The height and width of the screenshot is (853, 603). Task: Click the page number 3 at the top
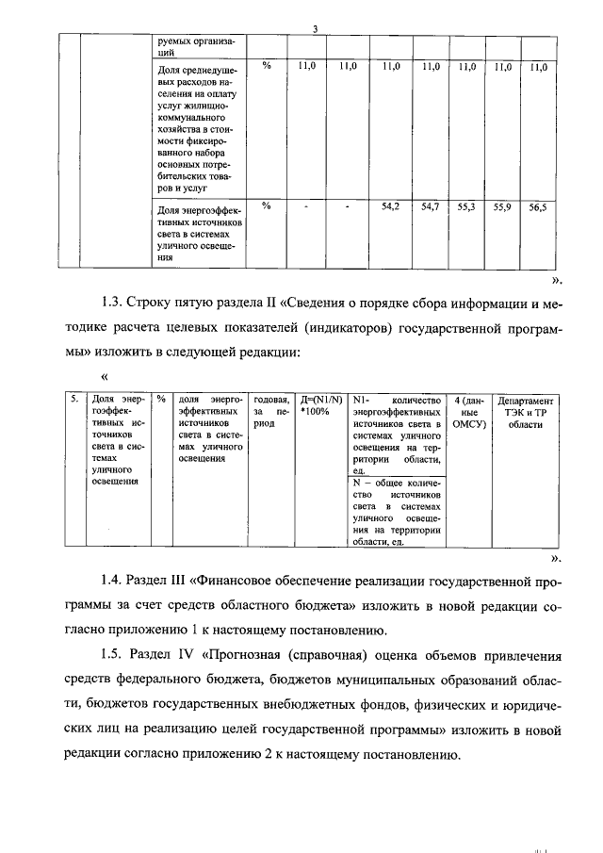coord(316,30)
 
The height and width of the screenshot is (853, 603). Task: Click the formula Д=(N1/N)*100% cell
coord(318,405)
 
